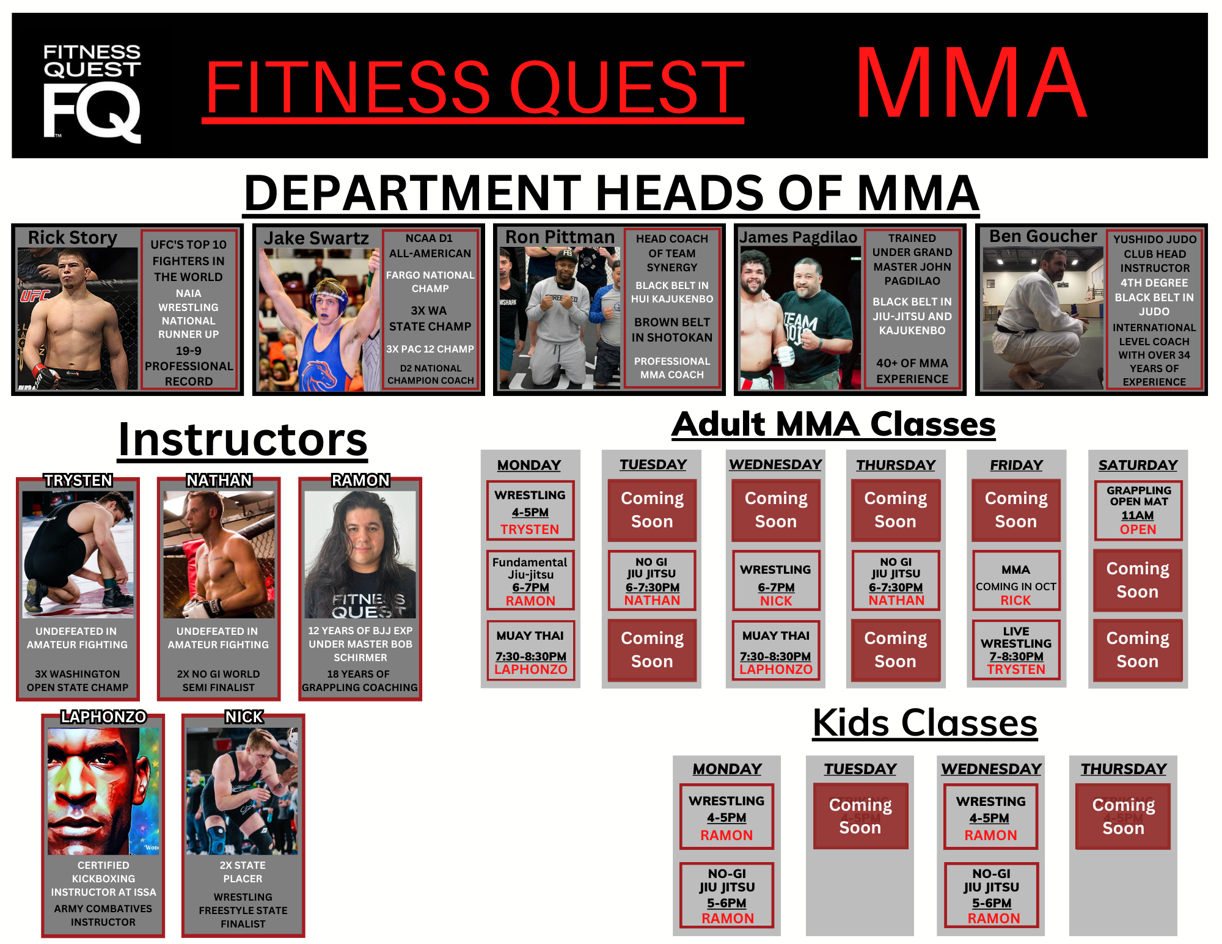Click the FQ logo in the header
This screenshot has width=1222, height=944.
click(x=92, y=93)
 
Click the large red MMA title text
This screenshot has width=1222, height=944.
click(x=971, y=83)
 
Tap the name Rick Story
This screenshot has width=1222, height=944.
click(x=73, y=237)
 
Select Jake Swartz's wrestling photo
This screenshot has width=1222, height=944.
click(x=319, y=320)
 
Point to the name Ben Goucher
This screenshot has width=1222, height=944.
click(x=1043, y=236)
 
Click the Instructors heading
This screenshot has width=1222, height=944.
click(x=243, y=439)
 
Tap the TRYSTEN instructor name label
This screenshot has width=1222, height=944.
click(x=78, y=480)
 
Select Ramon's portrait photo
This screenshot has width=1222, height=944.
click(x=360, y=554)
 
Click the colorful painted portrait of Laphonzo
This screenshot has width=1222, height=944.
click(x=103, y=791)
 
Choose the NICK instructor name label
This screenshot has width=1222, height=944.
click(x=244, y=717)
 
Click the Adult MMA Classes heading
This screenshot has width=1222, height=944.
click(x=833, y=424)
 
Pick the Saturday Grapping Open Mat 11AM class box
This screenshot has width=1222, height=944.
click(x=1138, y=510)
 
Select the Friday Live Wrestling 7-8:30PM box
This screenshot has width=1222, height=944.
click(x=1016, y=650)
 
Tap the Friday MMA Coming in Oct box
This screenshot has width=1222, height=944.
click(x=1016, y=580)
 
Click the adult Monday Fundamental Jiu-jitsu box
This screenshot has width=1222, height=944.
click(x=530, y=580)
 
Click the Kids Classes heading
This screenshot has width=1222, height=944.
click(x=924, y=723)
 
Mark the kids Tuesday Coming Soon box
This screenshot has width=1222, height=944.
click(x=860, y=816)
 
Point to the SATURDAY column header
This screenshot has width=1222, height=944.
click(x=1138, y=465)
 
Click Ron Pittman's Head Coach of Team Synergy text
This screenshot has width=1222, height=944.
click(x=672, y=253)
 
